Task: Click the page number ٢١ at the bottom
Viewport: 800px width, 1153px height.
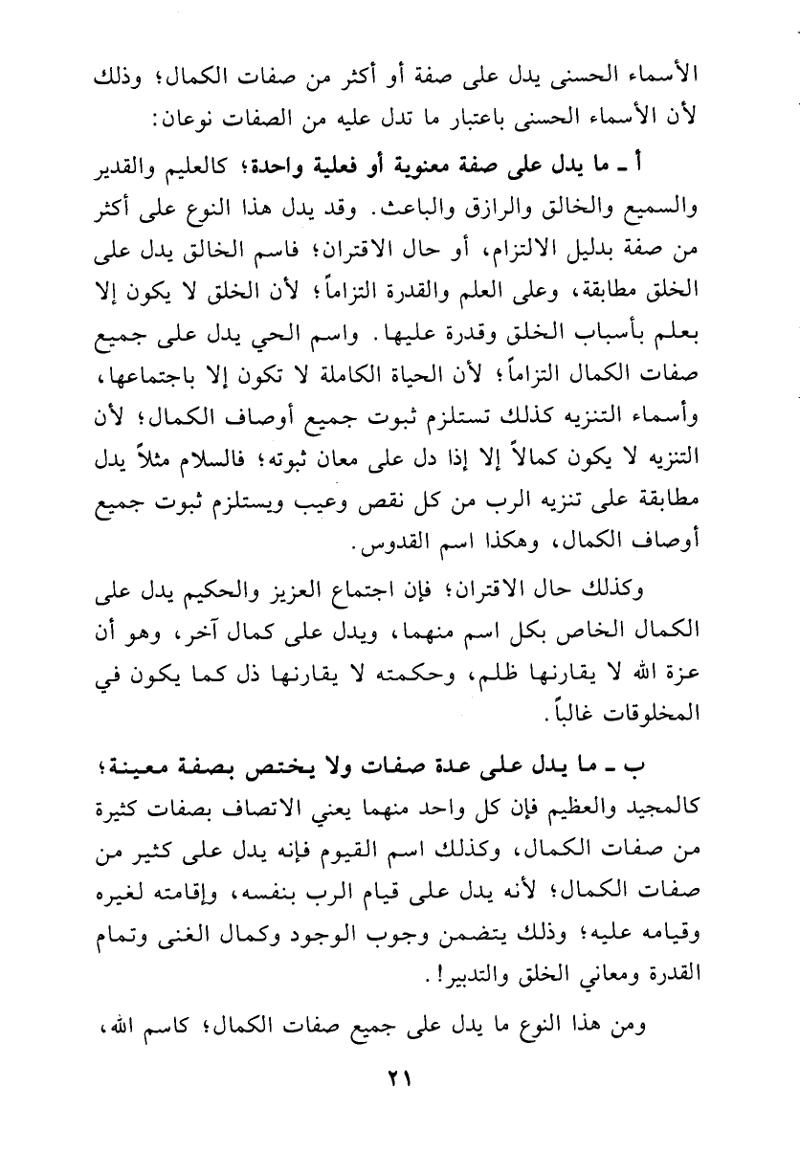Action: click(x=399, y=1103)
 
